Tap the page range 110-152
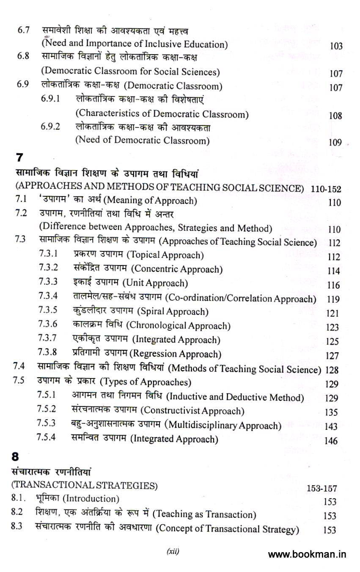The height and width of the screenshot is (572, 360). [326, 188]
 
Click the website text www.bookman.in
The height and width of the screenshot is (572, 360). [307, 554]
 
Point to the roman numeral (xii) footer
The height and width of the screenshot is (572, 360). [173, 551]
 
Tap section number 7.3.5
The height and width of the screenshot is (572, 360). [48, 311]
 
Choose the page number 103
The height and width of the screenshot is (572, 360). [336, 46]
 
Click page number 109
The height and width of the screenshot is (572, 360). [335, 143]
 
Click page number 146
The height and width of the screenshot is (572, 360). [331, 441]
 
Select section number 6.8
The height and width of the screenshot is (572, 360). [22, 57]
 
